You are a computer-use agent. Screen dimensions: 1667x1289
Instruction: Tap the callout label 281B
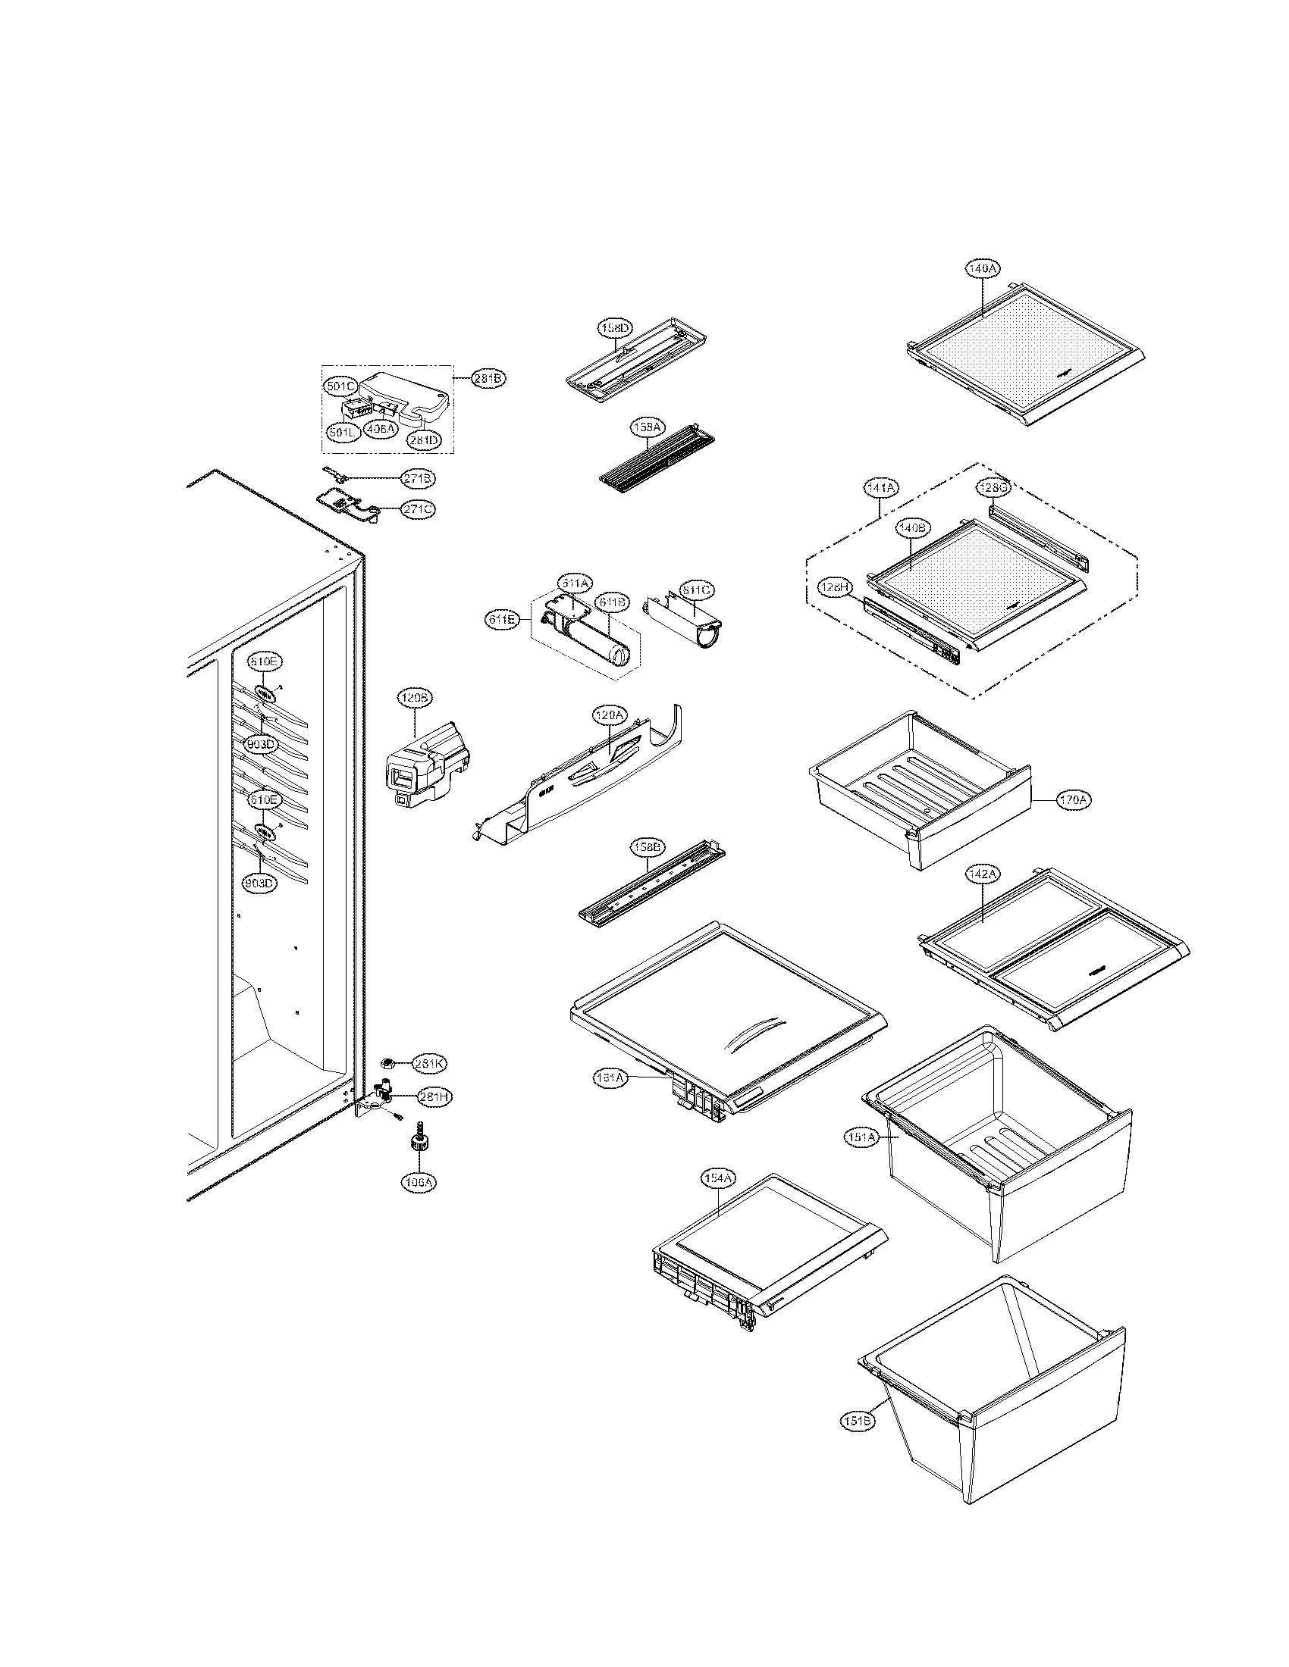click(x=488, y=378)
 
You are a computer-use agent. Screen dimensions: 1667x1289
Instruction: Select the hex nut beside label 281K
click(x=387, y=1062)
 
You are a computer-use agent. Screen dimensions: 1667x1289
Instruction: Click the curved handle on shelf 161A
click(x=755, y=1034)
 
